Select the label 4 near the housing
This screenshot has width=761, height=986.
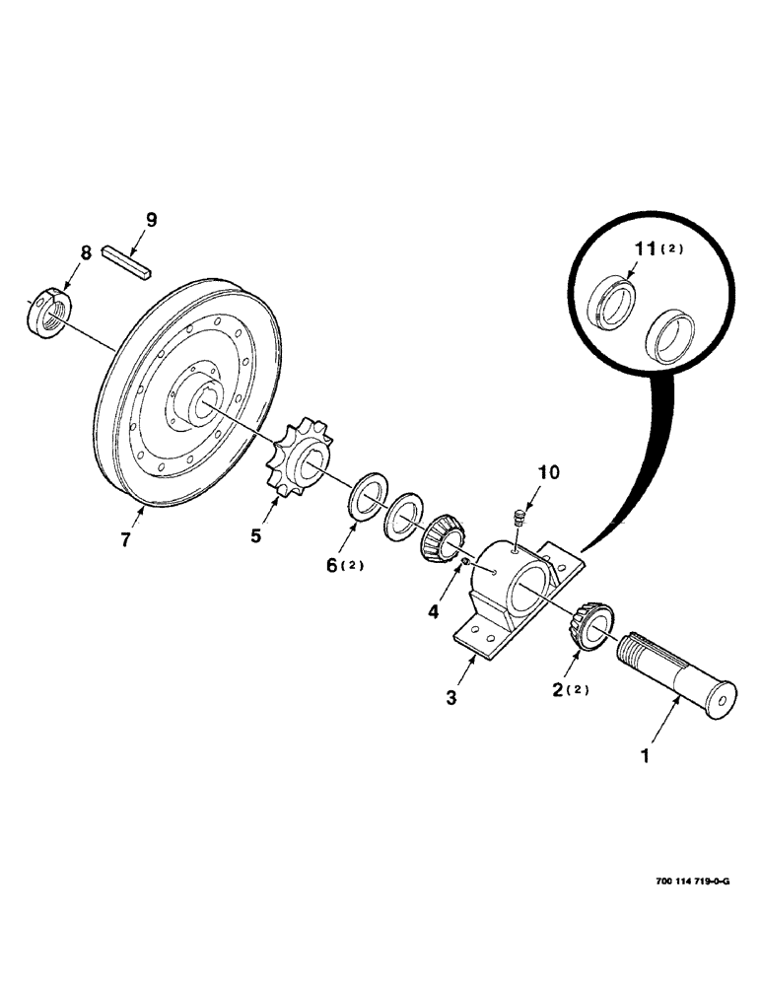coord(433,611)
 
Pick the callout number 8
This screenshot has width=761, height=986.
coord(87,252)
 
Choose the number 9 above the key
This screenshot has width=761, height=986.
coord(151,220)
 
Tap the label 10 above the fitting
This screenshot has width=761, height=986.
coord(548,473)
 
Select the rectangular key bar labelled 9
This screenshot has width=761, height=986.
coord(126,265)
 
